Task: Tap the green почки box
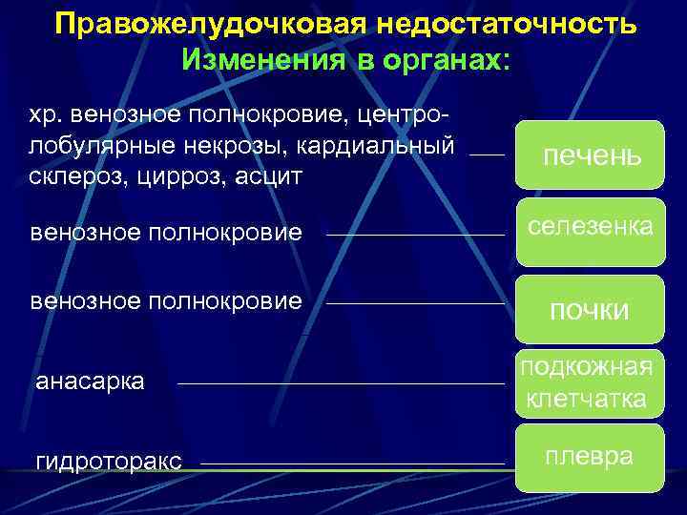(x=590, y=309)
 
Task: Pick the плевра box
(x=590, y=457)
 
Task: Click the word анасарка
(x=90, y=382)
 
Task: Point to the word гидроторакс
(x=109, y=462)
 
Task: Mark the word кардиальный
(x=392, y=147)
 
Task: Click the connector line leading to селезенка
(x=415, y=234)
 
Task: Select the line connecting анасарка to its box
(x=341, y=384)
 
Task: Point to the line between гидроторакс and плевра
(x=352, y=464)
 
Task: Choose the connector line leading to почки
(x=415, y=304)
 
